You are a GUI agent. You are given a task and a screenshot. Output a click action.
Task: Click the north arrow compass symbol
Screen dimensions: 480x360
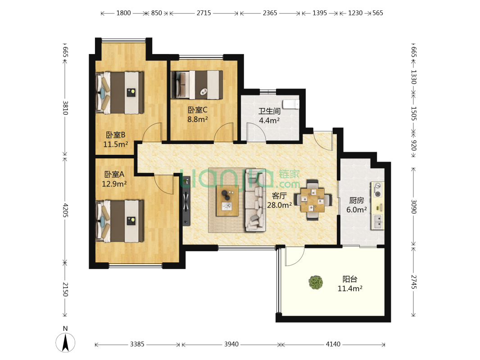(65, 342)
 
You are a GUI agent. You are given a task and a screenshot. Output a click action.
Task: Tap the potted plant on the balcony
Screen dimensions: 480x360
(316, 282)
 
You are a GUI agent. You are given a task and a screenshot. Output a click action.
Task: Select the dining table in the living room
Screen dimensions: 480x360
(312, 200)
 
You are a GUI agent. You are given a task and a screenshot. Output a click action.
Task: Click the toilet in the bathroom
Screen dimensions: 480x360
(291, 104)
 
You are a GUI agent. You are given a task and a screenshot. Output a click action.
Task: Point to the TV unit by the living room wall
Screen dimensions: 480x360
(186, 201)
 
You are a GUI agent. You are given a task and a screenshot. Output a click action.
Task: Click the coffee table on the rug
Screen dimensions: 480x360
(227, 201)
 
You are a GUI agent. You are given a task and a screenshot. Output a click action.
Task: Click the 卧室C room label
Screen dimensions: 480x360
(198, 110)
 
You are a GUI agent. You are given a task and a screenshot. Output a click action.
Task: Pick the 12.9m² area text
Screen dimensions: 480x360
(114, 184)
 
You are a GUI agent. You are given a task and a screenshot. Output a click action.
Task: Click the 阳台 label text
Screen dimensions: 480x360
(350, 279)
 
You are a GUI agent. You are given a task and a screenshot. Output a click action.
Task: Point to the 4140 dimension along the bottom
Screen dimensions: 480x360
(333, 344)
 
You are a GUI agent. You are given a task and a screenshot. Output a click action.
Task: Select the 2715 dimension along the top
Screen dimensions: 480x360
(204, 13)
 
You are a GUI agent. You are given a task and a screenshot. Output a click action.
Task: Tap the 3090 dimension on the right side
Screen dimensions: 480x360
(413, 207)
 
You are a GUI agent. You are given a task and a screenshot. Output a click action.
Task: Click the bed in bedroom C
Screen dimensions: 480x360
(197, 85)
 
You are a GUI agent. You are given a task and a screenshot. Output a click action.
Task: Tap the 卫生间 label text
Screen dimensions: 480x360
(269, 111)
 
